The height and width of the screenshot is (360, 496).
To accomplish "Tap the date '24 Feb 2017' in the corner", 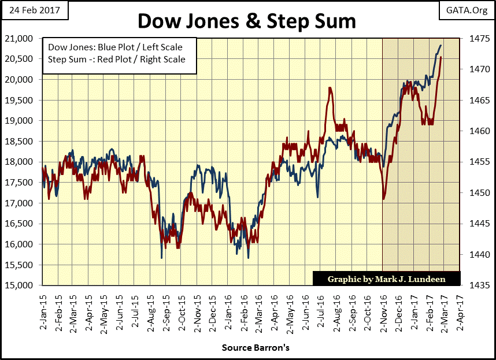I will (x=34, y=10).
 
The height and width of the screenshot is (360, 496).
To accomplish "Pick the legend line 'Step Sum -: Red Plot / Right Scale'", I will (x=117, y=59).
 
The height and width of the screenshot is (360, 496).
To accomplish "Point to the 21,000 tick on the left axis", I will (x=23, y=38).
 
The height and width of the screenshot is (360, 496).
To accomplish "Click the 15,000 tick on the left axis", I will (x=23, y=285).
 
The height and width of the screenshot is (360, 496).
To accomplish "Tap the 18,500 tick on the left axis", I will (x=23, y=141).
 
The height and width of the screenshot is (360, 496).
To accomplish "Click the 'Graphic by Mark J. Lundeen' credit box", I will (x=386, y=279).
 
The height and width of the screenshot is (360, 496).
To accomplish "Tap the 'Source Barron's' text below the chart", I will (x=248, y=348).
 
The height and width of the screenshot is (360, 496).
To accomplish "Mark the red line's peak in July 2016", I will (x=330, y=88).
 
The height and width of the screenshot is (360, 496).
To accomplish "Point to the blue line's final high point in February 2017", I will (x=441, y=45).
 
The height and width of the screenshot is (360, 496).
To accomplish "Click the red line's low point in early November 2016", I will (x=384, y=199).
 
